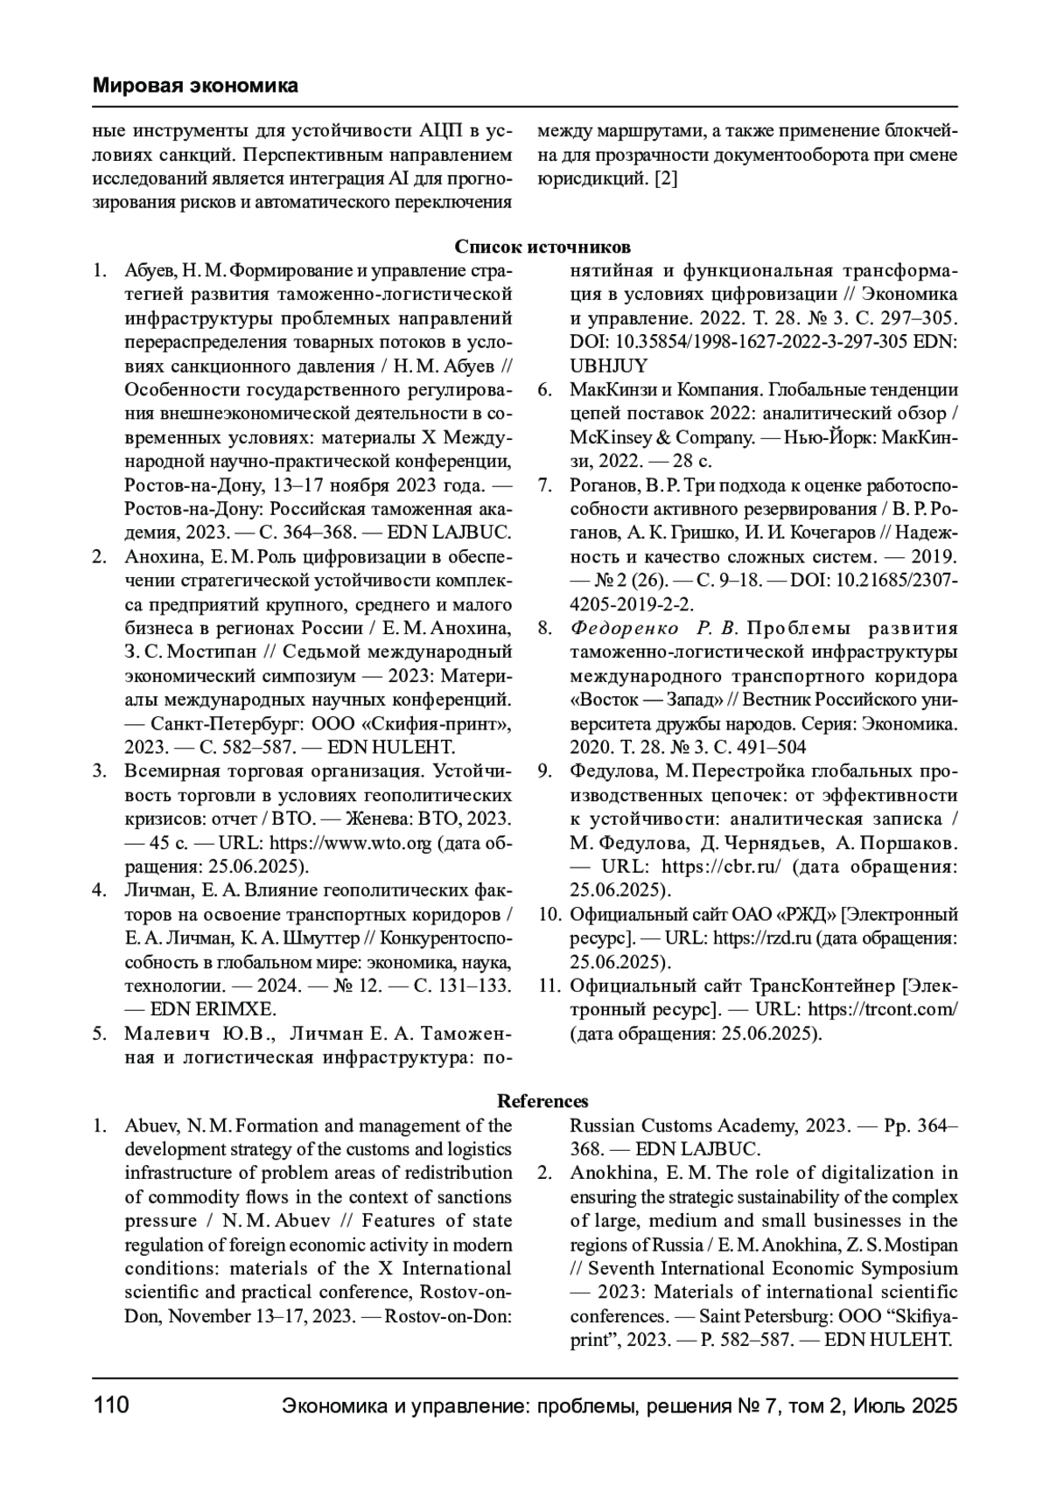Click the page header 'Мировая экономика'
click(195, 86)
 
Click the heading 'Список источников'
click(542, 247)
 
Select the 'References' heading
click(542, 1101)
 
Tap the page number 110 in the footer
click(111, 1405)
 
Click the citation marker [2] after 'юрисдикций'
click(667, 179)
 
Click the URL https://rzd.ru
click(762, 938)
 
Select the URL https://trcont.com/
click(883, 1009)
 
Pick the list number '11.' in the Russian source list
click(549, 986)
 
